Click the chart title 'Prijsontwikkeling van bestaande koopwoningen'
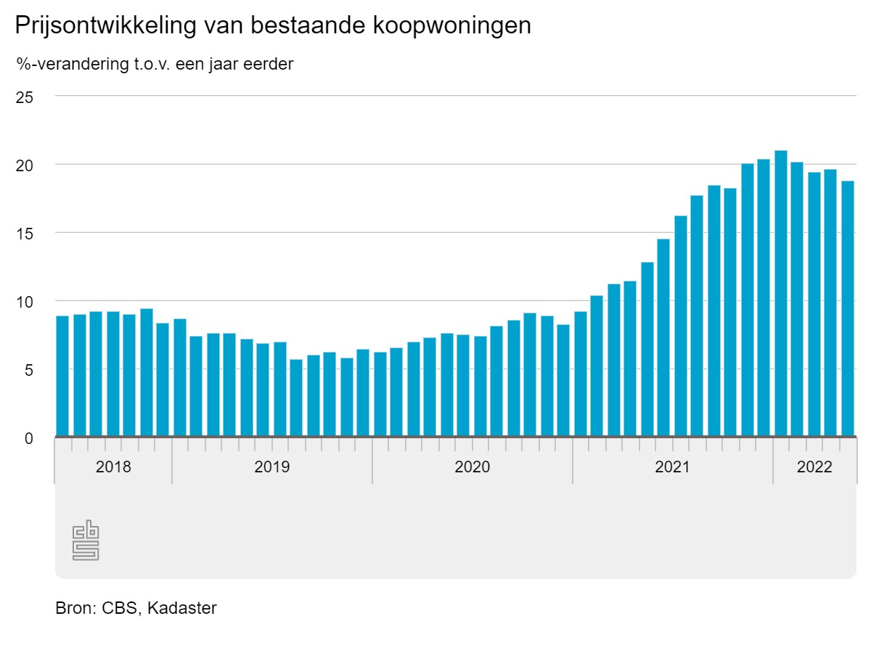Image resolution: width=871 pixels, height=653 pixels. pos(272,26)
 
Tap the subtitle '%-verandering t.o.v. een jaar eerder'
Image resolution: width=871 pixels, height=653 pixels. pos(155,64)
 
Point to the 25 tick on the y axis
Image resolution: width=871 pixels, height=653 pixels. pos(25,96)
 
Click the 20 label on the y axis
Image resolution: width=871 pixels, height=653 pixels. pos(25,165)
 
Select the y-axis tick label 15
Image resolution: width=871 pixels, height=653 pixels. pos(25,233)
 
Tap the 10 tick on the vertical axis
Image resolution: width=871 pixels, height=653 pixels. pos(25,301)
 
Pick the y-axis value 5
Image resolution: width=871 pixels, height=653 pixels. pos(28,369)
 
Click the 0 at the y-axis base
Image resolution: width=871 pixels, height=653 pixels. pos(28,438)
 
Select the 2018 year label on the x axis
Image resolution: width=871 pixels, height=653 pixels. pos(113,467)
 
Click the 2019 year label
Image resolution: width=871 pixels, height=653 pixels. pos(271,467)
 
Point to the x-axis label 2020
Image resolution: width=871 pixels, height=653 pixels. pos(472,467)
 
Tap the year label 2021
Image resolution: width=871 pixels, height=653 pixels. pos(672,467)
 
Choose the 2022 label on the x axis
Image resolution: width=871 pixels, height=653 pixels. pos(814,467)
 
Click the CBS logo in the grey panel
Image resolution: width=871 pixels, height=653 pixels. pos(86,540)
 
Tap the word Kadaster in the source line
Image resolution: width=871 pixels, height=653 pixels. pos(181,608)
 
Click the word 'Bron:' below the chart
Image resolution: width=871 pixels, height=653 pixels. pos(75,608)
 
